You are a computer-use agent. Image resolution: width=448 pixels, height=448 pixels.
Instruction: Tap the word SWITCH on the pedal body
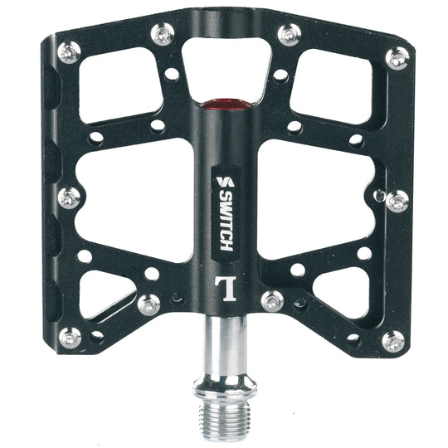pyautogui.click(x=226, y=220)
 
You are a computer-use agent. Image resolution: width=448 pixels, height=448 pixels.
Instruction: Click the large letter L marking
pyautogui.click(x=226, y=288)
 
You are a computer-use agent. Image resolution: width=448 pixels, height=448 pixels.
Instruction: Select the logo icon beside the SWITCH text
pyautogui.click(x=225, y=182)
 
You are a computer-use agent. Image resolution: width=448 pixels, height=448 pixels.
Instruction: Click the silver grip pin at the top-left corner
pyautogui.click(x=69, y=52)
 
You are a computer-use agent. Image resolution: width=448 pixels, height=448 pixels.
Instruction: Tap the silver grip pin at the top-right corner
pyautogui.click(x=397, y=58)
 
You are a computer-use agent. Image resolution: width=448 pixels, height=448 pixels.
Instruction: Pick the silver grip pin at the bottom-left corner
pyautogui.click(x=70, y=338)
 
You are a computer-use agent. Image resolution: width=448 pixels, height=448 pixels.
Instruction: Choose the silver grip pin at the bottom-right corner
pyautogui.click(x=393, y=342)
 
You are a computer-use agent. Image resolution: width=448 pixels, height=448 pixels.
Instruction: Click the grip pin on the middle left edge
pyautogui.click(x=69, y=198)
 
